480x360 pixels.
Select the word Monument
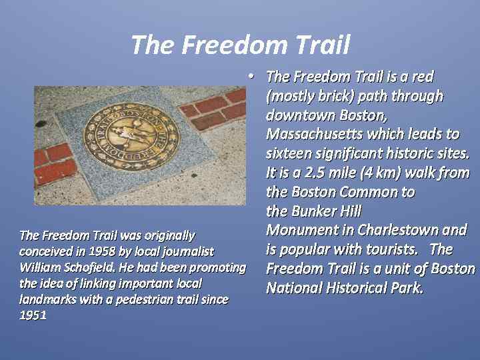click(x=297, y=230)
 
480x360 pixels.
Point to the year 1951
click(x=33, y=315)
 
